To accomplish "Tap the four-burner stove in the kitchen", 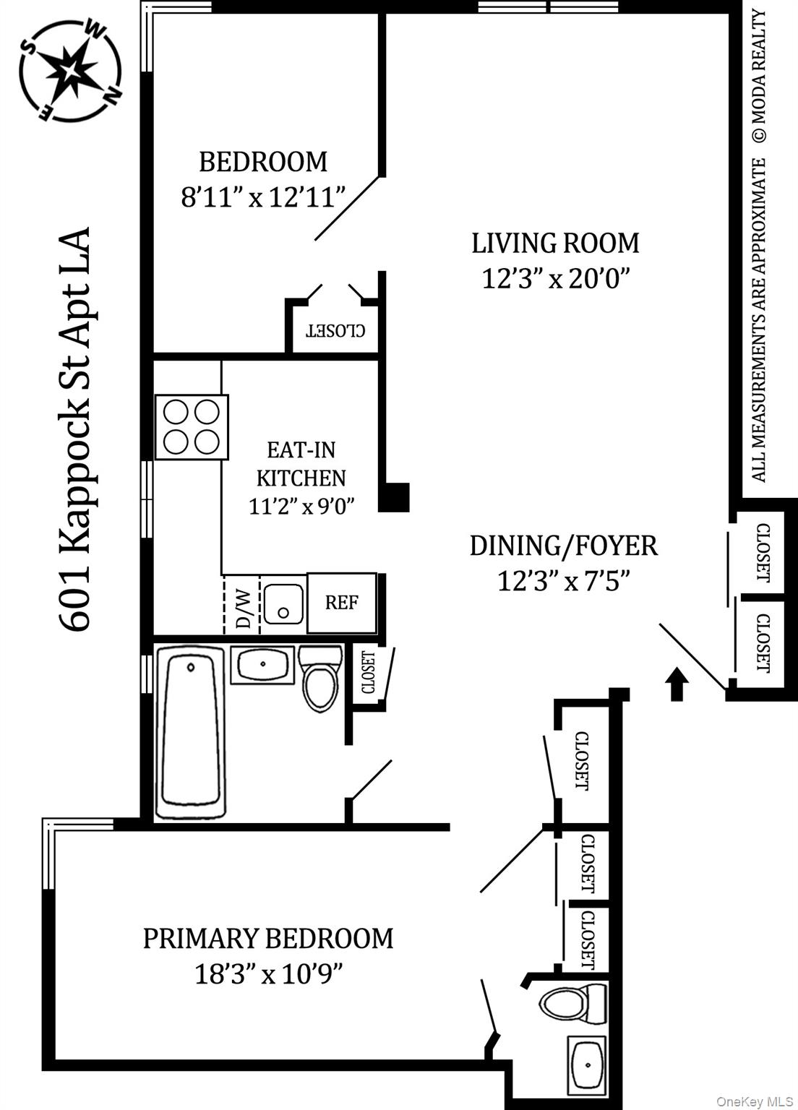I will click(192, 426).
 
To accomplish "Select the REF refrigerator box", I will click(341, 603).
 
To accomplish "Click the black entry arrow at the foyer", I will click(677, 684).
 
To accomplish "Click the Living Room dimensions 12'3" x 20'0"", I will click(556, 278).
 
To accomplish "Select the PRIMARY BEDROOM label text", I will click(267, 938).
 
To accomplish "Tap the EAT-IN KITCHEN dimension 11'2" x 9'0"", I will click(301, 506).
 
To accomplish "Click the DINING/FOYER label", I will click(563, 546).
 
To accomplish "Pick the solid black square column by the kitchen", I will click(395, 497).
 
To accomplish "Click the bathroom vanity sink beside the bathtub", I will click(262, 663).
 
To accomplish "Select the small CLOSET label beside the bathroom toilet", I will click(368, 672).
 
